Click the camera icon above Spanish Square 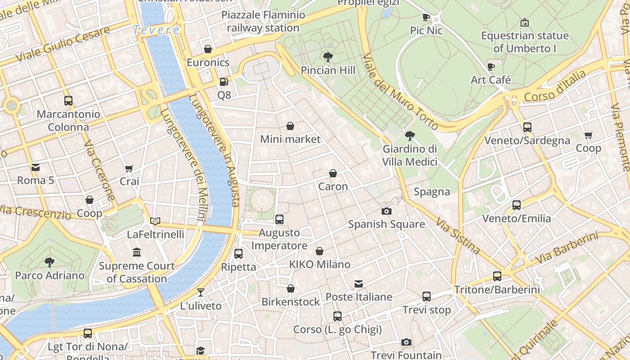coord(386,211)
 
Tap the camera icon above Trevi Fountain coord(406,342)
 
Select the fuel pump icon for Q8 coord(224,82)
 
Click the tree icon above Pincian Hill coord(328,57)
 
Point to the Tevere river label coord(156,30)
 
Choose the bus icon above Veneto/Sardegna coord(527,127)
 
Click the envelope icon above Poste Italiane coord(358,284)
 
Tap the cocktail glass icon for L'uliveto coord(201,292)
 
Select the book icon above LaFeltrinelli coord(155,221)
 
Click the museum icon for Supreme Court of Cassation coord(137,252)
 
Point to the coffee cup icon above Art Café coord(491,67)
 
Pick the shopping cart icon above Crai coord(129,168)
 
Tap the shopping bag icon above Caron coord(333,173)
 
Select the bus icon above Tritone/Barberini coord(497,276)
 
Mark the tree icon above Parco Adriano coord(49,262)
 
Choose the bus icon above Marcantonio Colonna coord(68,101)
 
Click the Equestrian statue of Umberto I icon coord(524,22)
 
